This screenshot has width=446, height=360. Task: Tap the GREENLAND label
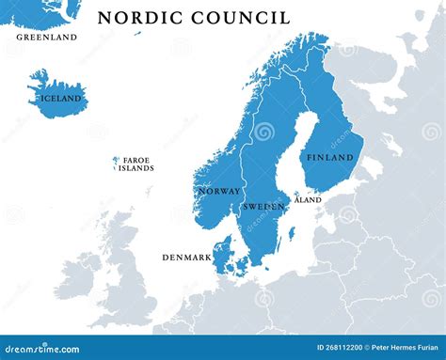(x=46, y=38)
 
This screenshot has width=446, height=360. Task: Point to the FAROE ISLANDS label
(x=137, y=165)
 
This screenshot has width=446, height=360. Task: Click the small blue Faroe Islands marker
(x=116, y=162)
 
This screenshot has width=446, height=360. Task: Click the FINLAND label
(x=330, y=158)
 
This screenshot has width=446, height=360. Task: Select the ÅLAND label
(x=308, y=199)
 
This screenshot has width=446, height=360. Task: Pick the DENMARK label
(x=186, y=257)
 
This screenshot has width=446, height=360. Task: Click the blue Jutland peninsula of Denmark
(x=222, y=255)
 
